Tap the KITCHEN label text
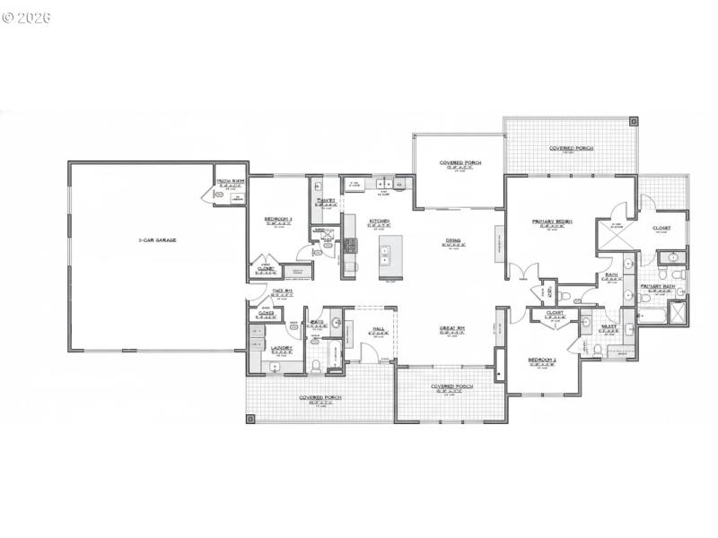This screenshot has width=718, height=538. [379, 221]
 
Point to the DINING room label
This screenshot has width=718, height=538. [453, 240]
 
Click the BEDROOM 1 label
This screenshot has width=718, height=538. [277, 219]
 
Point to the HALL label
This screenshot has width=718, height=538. [379, 329]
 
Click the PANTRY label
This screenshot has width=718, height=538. [325, 200]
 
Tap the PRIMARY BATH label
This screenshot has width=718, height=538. [657, 287]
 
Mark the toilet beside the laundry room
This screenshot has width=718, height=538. [319, 364]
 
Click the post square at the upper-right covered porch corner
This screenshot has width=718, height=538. [633, 120]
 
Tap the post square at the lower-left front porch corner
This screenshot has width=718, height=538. [250, 417]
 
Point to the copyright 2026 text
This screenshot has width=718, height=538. [27, 17]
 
